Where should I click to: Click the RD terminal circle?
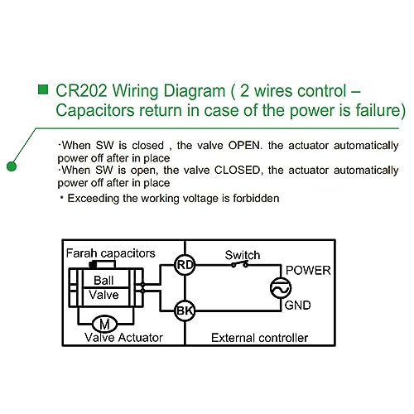pos(185,265)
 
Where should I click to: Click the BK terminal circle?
pos(185,310)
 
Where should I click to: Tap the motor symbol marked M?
pos(104,324)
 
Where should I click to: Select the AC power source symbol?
pos(281,288)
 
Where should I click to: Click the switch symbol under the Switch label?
pos(239,264)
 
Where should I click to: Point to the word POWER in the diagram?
pos(308,271)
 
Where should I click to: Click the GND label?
pos(297,306)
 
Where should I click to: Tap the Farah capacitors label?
pos(111,253)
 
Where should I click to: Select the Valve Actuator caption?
pos(123,338)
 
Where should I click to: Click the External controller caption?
pos(259,338)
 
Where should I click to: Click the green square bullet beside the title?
pos(43,89)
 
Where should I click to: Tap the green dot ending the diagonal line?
pos(12,166)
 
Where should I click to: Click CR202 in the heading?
pos(81,90)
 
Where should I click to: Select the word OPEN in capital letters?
pos(244,145)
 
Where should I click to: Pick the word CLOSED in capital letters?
pos(238,170)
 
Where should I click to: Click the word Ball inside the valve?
pos(103,281)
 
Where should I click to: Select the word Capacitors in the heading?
pos(95,111)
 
